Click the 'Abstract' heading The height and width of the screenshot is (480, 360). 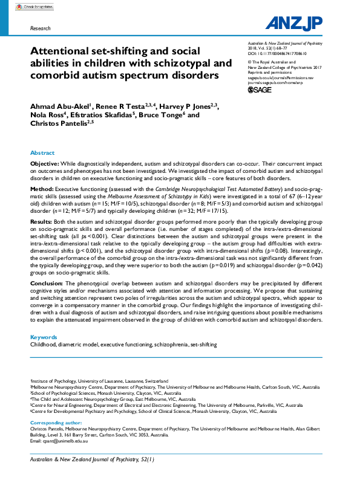pyautogui.click(x=42, y=153)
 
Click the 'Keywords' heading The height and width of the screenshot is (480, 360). pyautogui.click(x=44, y=337)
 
